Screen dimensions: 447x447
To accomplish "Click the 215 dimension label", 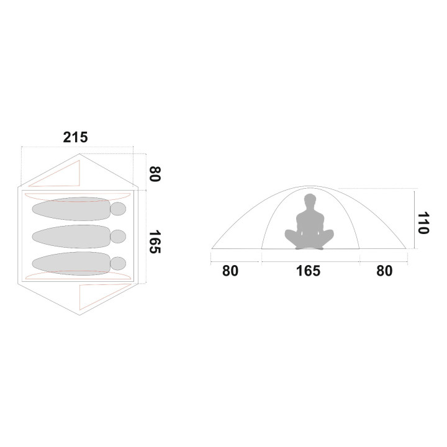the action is click(75, 137).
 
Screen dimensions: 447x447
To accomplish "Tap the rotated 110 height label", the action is click(423, 223).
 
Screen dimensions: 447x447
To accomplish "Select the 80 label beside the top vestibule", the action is click(155, 174).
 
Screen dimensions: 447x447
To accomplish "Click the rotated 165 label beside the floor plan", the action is click(155, 242).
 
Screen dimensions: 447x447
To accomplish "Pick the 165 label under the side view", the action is click(308, 271).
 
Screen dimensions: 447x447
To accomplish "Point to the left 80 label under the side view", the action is click(230, 271).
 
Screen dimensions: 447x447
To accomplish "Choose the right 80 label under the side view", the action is click(384, 271).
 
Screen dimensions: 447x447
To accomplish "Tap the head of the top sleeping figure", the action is click(118, 209).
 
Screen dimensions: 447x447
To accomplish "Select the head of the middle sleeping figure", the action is click(118, 237).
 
